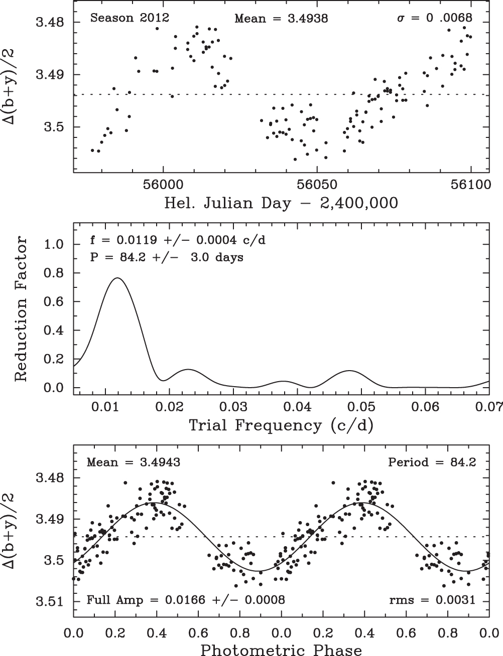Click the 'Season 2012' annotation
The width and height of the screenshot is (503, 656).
click(130, 19)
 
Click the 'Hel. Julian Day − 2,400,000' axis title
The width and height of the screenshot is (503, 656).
click(281, 203)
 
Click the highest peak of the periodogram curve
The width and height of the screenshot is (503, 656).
click(117, 278)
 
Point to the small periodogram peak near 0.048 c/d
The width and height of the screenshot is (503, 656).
click(349, 371)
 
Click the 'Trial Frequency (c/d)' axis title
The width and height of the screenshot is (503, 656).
click(281, 425)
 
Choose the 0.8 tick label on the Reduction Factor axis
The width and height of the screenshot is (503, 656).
click(56, 273)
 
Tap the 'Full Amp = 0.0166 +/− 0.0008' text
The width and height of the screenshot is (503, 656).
click(186, 600)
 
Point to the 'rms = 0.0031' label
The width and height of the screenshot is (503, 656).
click(432, 600)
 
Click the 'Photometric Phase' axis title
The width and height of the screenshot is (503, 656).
click(281, 650)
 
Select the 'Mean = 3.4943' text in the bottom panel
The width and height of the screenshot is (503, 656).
click(134, 462)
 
